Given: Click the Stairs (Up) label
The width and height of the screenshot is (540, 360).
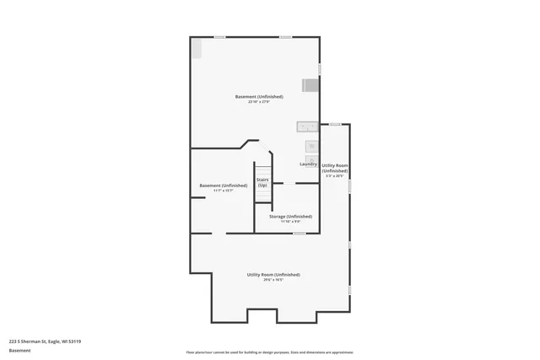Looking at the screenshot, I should pos(262,182).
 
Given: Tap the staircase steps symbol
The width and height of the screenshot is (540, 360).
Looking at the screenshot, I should pos(262,196).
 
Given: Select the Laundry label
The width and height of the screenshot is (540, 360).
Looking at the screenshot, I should pos(308,164).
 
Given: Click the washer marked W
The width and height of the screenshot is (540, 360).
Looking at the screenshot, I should pos(311,147).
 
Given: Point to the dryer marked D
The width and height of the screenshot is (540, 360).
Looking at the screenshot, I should pos(311,159).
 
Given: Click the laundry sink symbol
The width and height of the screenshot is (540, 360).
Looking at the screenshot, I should pos(307,127).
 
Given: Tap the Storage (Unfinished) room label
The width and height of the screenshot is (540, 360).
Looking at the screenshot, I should pos(290,217).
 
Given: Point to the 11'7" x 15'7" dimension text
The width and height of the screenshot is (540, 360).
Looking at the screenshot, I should pos(223,191).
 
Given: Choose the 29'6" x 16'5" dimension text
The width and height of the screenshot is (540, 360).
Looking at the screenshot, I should pos(273,280).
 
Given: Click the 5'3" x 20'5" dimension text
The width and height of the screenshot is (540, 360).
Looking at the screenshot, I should pos(335,176).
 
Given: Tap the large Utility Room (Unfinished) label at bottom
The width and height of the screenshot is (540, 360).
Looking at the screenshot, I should pos(273,275).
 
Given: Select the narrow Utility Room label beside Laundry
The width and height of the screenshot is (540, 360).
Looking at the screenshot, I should pos(335,168).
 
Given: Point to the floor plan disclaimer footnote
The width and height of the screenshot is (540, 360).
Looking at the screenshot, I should pos(270,352).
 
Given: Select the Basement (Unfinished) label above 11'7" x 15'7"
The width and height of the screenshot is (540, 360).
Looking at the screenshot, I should pos(223,185).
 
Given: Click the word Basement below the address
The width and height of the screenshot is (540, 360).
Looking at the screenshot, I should pos(19,351).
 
